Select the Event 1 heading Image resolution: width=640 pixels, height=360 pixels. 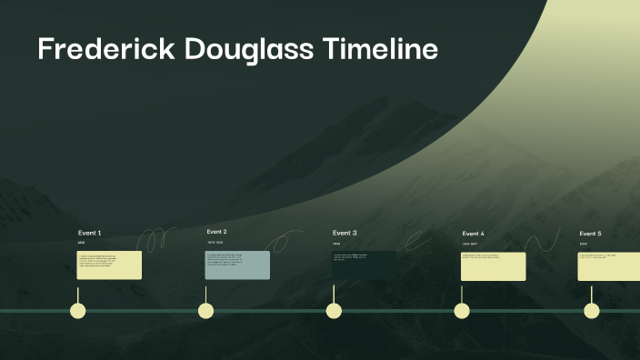pyautogui.click(x=89, y=233)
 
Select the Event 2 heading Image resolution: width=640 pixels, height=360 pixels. pyautogui.click(x=216, y=232)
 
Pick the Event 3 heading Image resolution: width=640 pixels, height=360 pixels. pyautogui.click(x=345, y=233)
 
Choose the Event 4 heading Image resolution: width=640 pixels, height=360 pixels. pyautogui.click(x=473, y=234)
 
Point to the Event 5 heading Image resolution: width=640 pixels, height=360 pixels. pyautogui.click(x=590, y=234)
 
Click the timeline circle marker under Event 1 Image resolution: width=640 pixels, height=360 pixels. pyautogui.click(x=78, y=311)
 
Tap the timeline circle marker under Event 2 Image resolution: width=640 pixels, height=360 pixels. pyautogui.click(x=206, y=311)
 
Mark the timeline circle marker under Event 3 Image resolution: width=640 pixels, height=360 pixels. pyautogui.click(x=334, y=311)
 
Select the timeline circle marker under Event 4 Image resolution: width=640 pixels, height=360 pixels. pyautogui.click(x=462, y=311)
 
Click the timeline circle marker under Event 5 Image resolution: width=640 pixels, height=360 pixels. pyautogui.click(x=592, y=311)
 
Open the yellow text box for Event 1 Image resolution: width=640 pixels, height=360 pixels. pyautogui.click(x=109, y=265)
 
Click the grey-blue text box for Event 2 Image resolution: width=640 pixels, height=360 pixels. pyautogui.click(x=237, y=265)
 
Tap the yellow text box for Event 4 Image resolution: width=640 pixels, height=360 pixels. pyautogui.click(x=494, y=265)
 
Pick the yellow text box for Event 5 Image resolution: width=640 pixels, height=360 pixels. pyautogui.click(x=609, y=265)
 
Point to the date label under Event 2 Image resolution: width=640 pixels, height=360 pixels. pyautogui.click(x=215, y=243)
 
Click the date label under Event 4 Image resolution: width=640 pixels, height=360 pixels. pyautogui.click(x=470, y=244)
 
